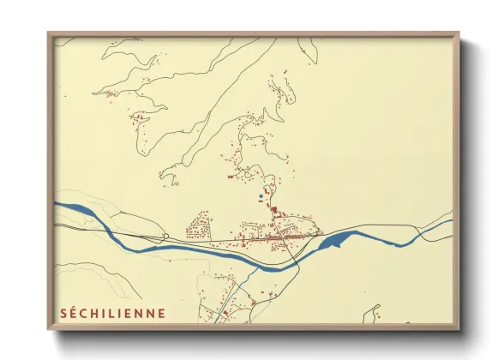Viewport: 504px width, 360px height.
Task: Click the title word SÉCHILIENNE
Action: click(112, 313)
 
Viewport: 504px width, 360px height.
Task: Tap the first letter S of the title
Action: click(63, 313)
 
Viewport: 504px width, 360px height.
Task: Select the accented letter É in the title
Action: click(74, 313)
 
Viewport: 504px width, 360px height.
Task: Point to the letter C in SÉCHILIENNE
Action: click(85, 313)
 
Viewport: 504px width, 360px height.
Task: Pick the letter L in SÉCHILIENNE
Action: click(113, 313)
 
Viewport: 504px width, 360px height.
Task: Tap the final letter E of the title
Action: click(161, 313)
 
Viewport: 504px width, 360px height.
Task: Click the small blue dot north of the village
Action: click(261, 196)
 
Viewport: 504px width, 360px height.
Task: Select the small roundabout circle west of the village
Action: click(165, 236)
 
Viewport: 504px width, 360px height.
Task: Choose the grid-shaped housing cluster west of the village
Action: click(200, 228)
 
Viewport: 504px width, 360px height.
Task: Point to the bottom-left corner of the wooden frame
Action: click(49, 329)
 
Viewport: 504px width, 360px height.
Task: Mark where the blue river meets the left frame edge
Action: click(54, 204)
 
